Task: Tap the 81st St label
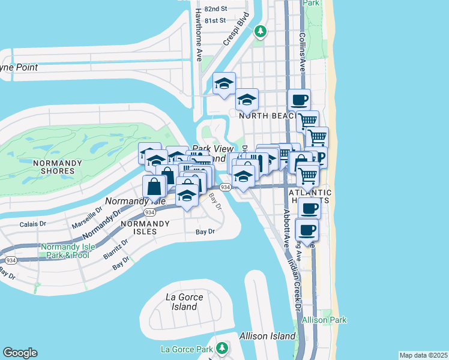click(214, 20)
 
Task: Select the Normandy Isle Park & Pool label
click(65, 251)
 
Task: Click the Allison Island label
click(267, 336)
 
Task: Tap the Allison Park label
click(324, 320)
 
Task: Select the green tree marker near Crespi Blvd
click(260, 31)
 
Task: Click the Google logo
click(20, 353)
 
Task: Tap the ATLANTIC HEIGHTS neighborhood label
click(310, 197)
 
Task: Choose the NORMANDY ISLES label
click(139, 227)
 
